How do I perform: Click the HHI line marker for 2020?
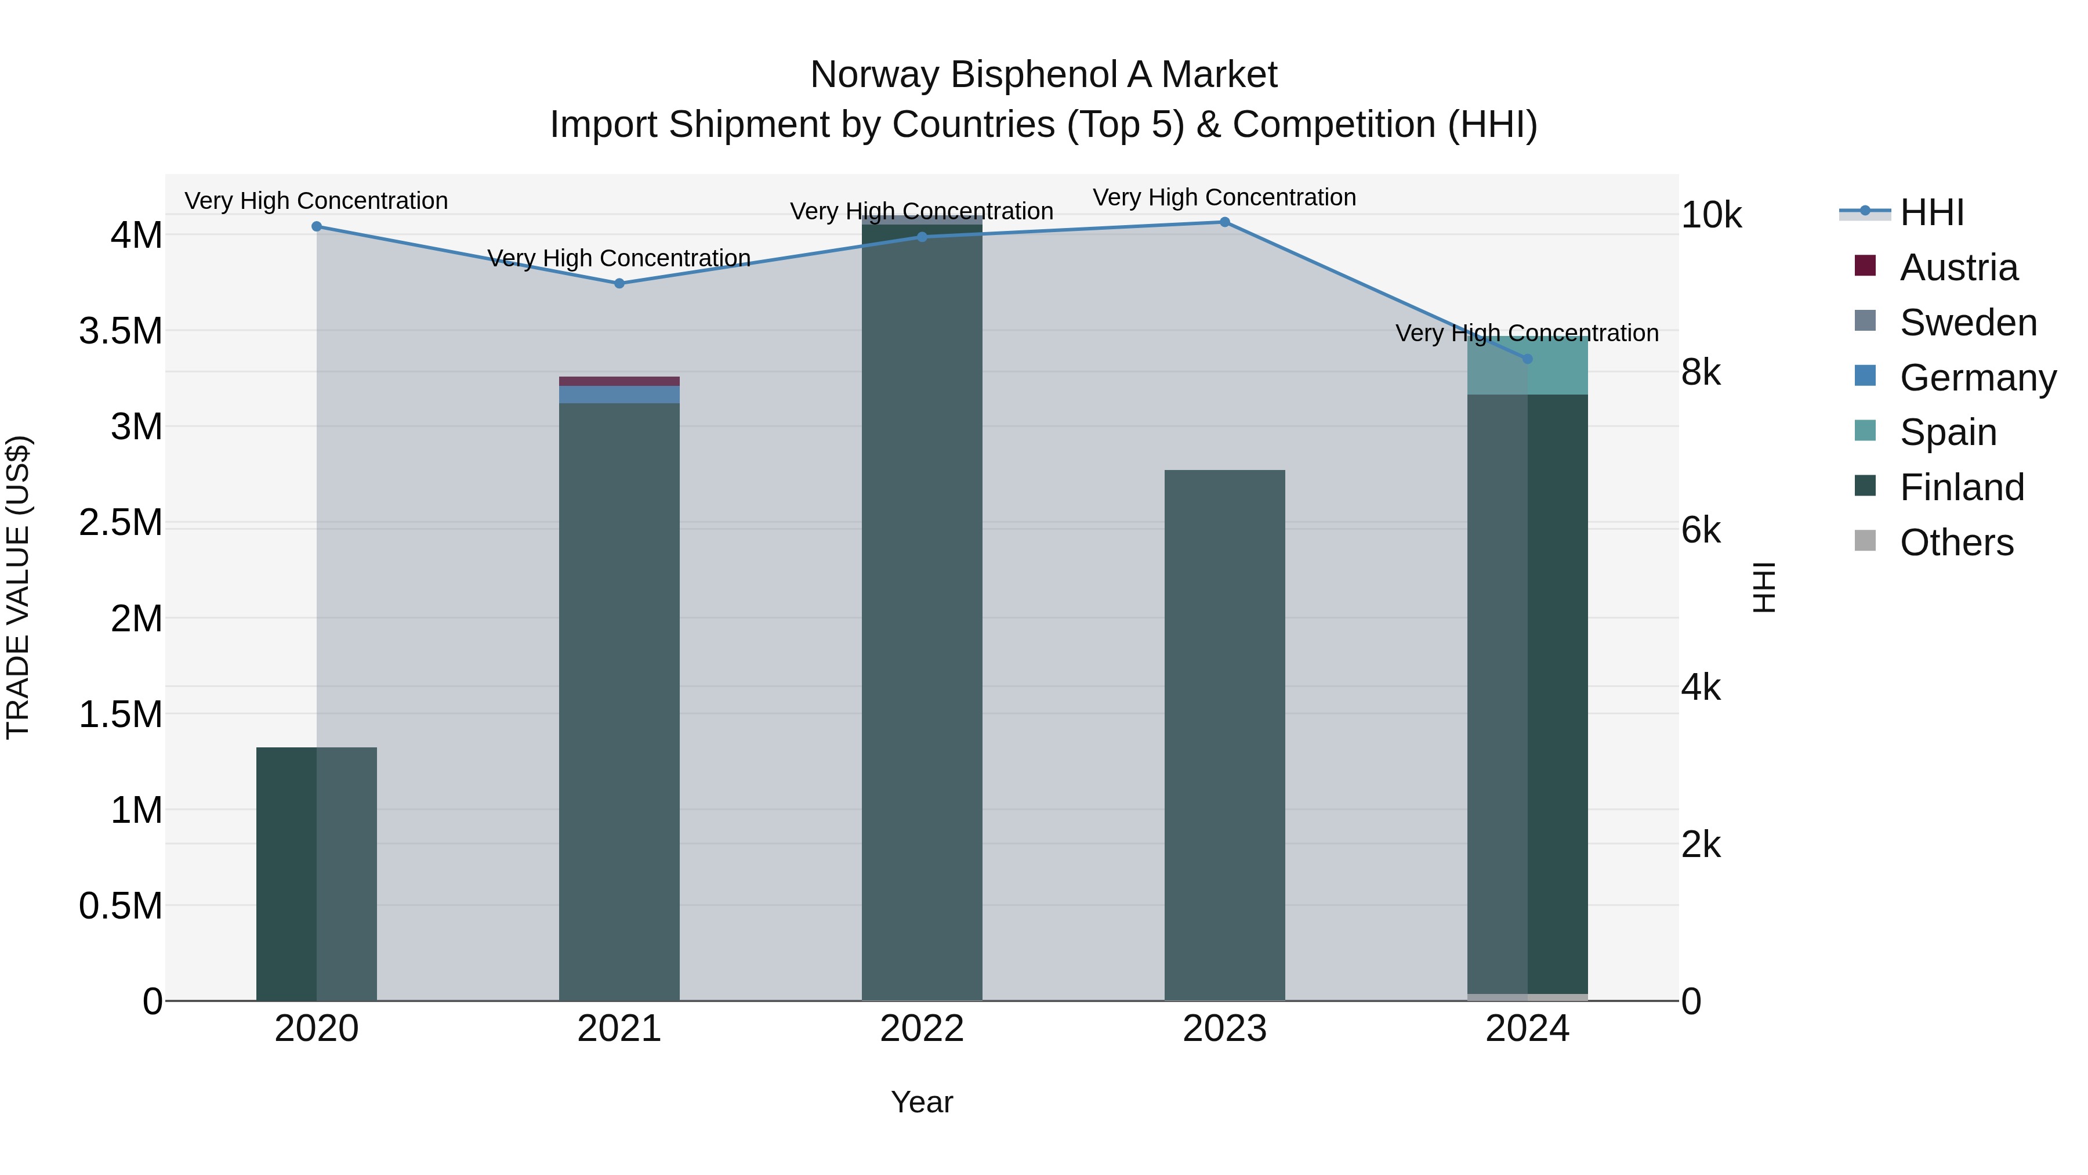tap(316, 226)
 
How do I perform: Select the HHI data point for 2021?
tap(619, 283)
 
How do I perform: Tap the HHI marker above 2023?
tap(1225, 222)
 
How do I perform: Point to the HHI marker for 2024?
tap(1527, 359)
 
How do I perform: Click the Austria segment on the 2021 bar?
tap(619, 381)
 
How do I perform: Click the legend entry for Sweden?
tap(1968, 323)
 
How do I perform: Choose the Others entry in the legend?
tap(1957, 543)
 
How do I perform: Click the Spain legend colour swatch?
tap(1865, 431)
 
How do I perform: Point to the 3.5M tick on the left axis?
tap(120, 331)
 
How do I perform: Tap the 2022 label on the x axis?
tap(922, 1029)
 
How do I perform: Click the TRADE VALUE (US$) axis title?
tap(18, 587)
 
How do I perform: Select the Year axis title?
tap(922, 1102)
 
